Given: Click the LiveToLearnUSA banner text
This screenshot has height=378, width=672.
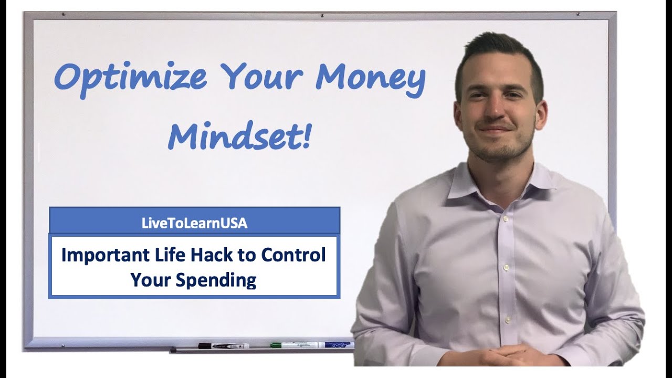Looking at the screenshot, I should coord(194,223).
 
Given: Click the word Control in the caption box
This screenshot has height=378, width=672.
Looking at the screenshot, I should coord(293,255).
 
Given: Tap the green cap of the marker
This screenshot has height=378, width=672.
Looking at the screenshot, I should coord(276,345).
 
